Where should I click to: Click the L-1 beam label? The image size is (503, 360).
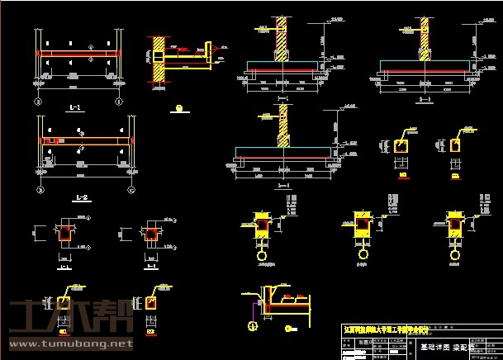click(77, 108)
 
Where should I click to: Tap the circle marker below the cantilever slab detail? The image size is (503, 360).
click(180, 108)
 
